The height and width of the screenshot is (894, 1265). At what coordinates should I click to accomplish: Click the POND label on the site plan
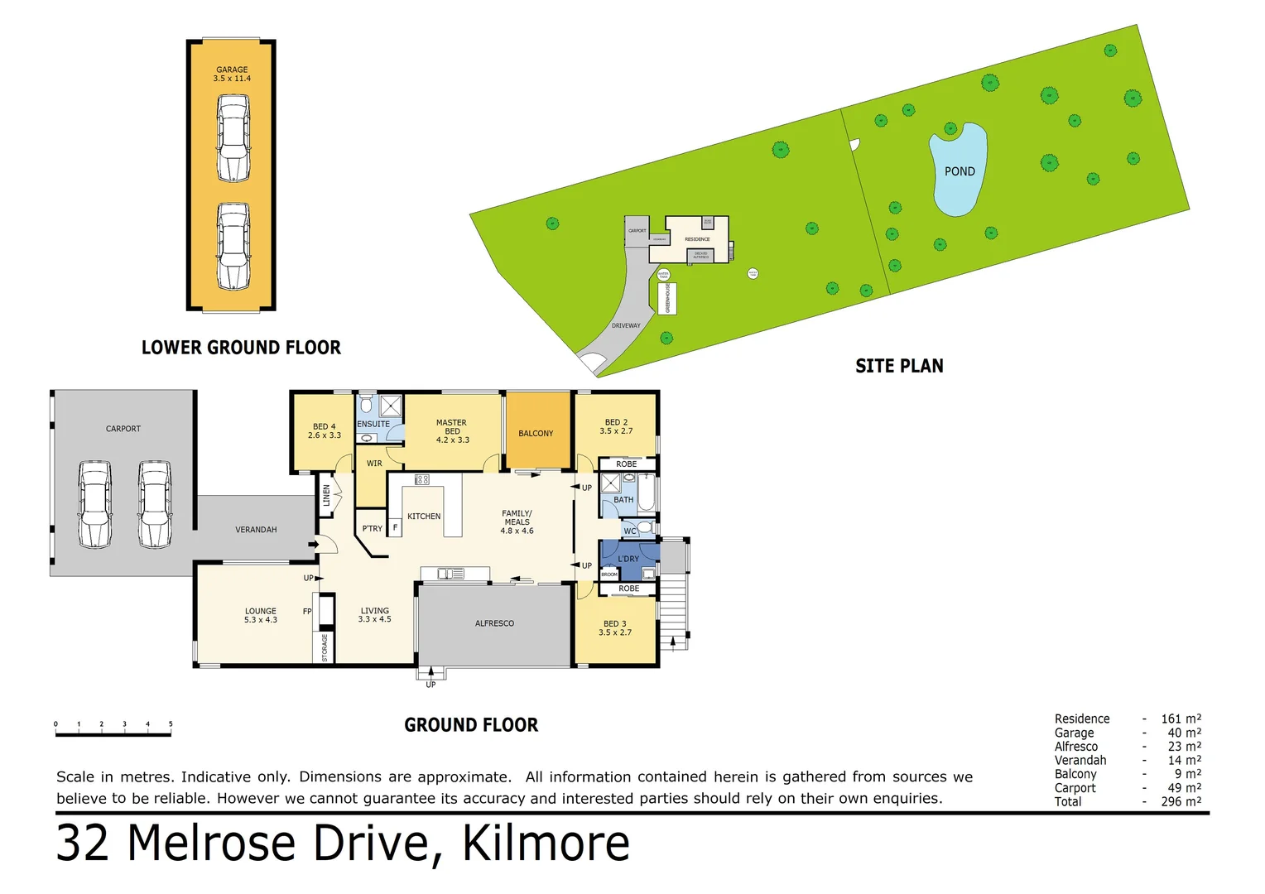click(x=960, y=171)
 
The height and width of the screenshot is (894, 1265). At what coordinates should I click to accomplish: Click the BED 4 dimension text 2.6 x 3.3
click(x=325, y=435)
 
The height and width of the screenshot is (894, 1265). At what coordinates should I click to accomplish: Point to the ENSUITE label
click(x=373, y=424)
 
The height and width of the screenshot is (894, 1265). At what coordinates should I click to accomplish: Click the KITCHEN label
click(x=424, y=517)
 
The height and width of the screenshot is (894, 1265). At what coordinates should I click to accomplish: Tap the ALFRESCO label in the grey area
click(x=494, y=623)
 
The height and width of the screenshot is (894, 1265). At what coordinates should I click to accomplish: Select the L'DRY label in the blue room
click(x=628, y=559)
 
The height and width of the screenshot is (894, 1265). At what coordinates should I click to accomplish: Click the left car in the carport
click(x=95, y=504)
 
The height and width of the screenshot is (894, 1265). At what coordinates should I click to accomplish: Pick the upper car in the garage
click(x=233, y=138)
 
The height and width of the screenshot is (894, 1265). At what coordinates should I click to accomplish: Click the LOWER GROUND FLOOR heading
click(x=241, y=348)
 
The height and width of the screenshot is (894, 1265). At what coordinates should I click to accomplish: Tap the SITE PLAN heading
click(x=899, y=366)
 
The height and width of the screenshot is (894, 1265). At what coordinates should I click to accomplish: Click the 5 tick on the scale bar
click(x=171, y=725)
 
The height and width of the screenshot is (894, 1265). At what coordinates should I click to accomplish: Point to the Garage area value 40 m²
click(x=1184, y=733)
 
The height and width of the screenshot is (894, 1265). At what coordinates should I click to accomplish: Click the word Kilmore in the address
click(x=546, y=844)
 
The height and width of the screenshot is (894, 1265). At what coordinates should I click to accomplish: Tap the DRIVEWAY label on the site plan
click(x=626, y=325)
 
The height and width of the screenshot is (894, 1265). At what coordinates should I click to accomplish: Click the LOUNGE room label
click(x=261, y=611)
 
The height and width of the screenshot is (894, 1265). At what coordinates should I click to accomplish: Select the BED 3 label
click(x=615, y=623)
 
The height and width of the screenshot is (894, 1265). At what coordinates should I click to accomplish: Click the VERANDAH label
click(x=256, y=530)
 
